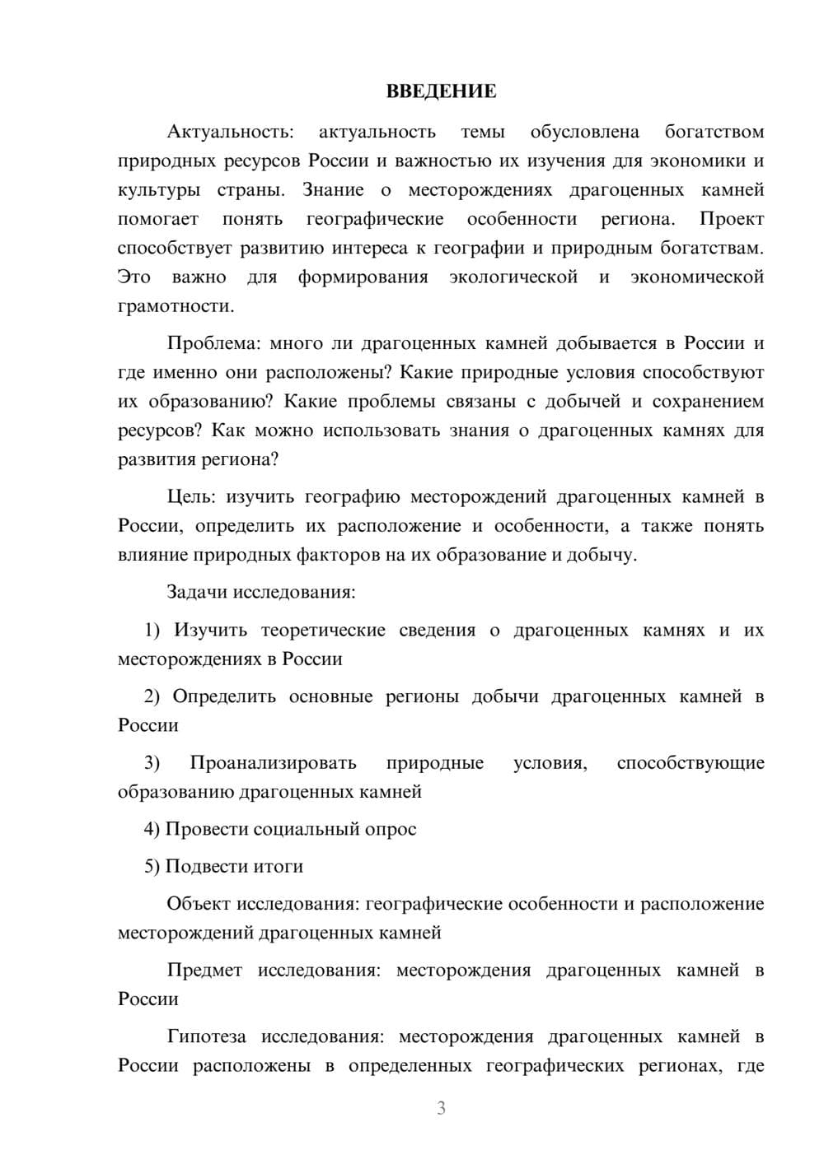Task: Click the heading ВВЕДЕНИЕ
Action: (x=441, y=91)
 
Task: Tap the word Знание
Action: (x=333, y=190)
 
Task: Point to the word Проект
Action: (x=731, y=219)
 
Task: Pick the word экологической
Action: (x=513, y=277)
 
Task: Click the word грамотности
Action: (x=176, y=306)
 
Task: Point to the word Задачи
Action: (x=198, y=592)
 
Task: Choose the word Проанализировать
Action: (x=273, y=762)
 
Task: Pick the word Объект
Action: (x=199, y=904)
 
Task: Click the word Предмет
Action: (x=204, y=971)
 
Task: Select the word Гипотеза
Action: (x=207, y=1036)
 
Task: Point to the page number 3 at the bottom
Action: (x=441, y=1108)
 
